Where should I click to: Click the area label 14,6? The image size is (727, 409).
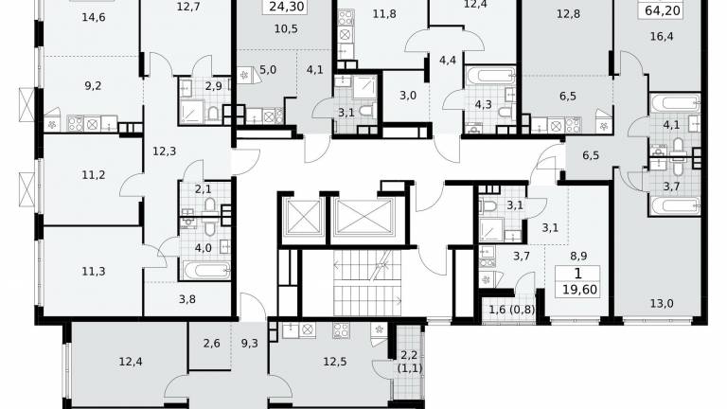pyautogui.click(x=93, y=18)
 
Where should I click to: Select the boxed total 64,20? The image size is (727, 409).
pyautogui.click(x=663, y=9)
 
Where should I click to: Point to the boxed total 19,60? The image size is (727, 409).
pyautogui.click(x=579, y=290)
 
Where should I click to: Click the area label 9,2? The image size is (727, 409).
pyautogui.click(x=93, y=86)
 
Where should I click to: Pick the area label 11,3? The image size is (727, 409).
pyautogui.click(x=93, y=272)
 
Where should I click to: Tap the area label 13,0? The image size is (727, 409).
pyautogui.click(x=662, y=304)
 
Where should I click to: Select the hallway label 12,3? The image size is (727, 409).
pyautogui.click(x=164, y=151)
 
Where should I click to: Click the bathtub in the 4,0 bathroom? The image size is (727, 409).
pyautogui.click(x=205, y=271)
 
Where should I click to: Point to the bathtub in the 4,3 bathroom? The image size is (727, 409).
pyautogui.click(x=490, y=75)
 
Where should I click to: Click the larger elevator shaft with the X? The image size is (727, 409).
pyautogui.click(x=363, y=217)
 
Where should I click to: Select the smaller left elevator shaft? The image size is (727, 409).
pyautogui.click(x=303, y=217)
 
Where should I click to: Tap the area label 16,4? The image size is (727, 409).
pyautogui.click(x=662, y=37)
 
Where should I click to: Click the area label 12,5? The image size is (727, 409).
pyautogui.click(x=334, y=362)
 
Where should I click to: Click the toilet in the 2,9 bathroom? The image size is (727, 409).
pyautogui.click(x=213, y=113)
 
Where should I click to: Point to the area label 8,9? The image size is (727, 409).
pyautogui.click(x=578, y=256)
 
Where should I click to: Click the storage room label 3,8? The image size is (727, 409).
pyautogui.click(x=186, y=299)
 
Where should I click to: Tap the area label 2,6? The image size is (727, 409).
pyautogui.click(x=211, y=344)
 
